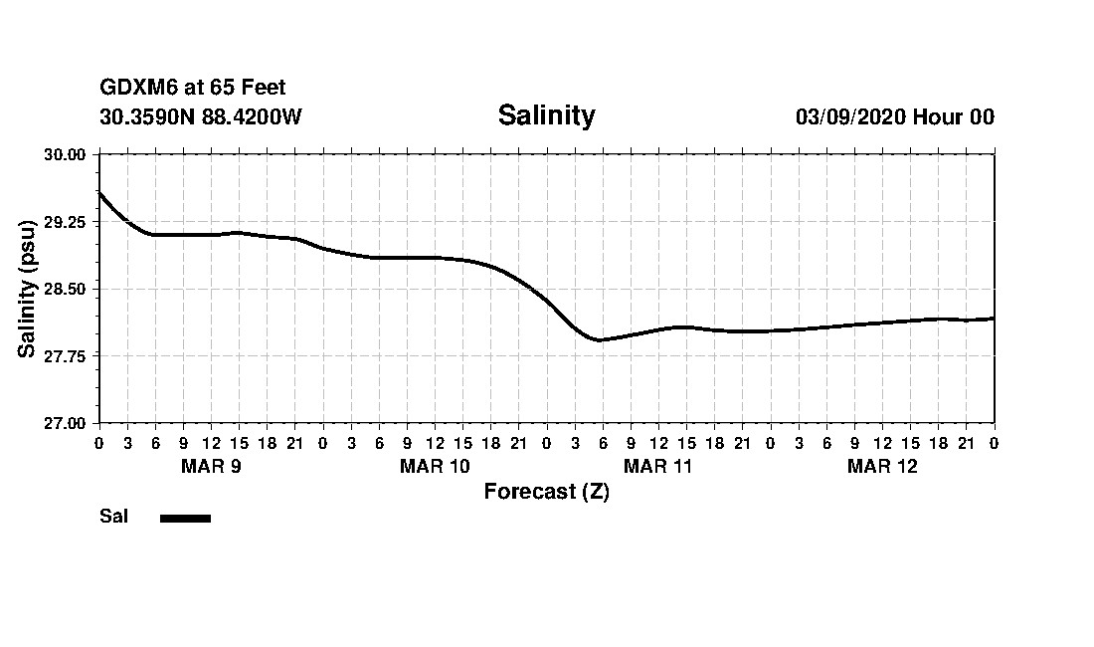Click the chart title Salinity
[546, 115]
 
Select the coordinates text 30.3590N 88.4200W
[201, 116]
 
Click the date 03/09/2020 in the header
[851, 116]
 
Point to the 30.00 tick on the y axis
[66, 154]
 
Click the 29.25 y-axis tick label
[66, 222]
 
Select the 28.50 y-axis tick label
[66, 289]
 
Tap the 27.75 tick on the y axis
[66, 356]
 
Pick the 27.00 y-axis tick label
[66, 423]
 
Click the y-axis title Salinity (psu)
[27, 289]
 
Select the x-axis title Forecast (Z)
[546, 492]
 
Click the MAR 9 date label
[211, 466]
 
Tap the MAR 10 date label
[435, 466]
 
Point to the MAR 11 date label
[658, 466]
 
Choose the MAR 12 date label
[882, 466]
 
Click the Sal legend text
[113, 517]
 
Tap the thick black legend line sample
[185, 518]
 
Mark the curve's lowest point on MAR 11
[599, 340]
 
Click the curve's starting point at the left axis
[99, 192]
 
